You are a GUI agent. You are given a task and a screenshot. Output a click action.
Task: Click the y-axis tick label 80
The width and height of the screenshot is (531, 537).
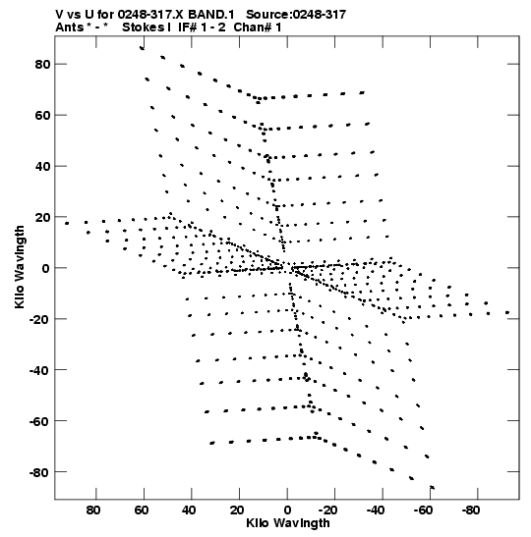(x=42, y=64)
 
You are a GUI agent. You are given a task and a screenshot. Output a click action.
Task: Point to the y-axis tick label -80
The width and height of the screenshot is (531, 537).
(x=39, y=472)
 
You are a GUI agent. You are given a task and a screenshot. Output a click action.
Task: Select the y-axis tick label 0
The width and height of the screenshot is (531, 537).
(x=46, y=268)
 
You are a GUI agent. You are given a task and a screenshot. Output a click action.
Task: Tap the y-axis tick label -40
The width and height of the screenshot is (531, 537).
(x=39, y=370)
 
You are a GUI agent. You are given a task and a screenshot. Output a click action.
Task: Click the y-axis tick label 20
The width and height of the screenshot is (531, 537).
(x=42, y=218)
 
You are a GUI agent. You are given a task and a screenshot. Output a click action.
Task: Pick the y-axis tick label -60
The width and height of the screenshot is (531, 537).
(x=39, y=421)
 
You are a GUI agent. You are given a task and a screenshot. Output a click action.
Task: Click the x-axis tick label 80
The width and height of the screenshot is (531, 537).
(x=93, y=510)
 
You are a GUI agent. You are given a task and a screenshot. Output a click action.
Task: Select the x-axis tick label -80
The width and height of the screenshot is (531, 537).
(x=470, y=510)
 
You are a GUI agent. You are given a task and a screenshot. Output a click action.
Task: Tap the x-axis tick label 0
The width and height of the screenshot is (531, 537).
(x=287, y=510)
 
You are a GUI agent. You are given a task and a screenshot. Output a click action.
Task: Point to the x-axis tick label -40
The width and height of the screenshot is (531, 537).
(x=375, y=510)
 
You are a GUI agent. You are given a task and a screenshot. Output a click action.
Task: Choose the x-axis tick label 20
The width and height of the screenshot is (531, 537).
(x=237, y=510)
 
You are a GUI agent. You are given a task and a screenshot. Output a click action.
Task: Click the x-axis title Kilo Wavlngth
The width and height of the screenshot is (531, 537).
(x=288, y=523)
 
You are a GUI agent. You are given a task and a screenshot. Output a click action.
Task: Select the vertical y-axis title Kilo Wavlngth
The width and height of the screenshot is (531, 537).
(x=20, y=267)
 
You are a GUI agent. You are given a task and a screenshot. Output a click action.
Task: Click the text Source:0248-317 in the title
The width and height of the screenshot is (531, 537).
(x=296, y=15)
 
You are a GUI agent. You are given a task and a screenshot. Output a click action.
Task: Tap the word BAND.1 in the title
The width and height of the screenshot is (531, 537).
(x=211, y=15)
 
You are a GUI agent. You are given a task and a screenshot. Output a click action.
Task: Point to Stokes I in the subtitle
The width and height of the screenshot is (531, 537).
(x=147, y=27)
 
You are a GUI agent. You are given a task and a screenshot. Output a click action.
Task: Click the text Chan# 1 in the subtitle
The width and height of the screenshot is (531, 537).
(x=258, y=27)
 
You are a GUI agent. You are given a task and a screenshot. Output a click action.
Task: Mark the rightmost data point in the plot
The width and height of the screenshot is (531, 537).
(x=507, y=312)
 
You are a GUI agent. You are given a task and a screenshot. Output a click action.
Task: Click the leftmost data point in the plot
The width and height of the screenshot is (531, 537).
(x=67, y=223)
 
